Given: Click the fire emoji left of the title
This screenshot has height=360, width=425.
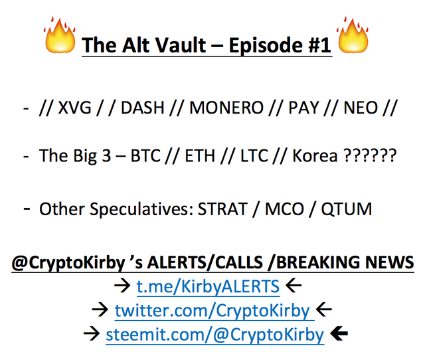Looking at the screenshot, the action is [60, 35].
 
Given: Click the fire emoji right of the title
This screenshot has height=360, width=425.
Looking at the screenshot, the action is [353, 35].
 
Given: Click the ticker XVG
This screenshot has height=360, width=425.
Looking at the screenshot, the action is [75, 108].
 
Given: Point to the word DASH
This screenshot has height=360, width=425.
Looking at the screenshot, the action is [143, 108].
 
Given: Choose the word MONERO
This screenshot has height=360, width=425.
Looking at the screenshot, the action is [226, 108].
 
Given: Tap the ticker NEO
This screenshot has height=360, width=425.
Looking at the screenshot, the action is [361, 108].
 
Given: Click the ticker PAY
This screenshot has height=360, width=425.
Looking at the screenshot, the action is [303, 108].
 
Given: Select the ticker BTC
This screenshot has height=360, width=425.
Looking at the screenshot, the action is [145, 155].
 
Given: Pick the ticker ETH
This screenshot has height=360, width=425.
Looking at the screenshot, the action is [200, 155].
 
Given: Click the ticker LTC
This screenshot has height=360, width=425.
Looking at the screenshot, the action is [254, 155].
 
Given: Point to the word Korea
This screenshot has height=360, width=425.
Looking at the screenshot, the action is [315, 155].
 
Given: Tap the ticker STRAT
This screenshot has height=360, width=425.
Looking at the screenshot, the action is [222, 209].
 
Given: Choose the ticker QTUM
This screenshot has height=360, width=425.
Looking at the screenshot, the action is [347, 209].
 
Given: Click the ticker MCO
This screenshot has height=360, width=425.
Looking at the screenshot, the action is [284, 209].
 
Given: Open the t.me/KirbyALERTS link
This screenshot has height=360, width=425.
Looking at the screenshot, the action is [208, 286].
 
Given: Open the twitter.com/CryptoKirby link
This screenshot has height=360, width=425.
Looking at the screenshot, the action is [214, 311].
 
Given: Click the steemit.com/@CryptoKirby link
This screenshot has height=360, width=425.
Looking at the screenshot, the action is [215, 335].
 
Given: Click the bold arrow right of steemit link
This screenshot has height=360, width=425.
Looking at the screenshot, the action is [339, 334].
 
